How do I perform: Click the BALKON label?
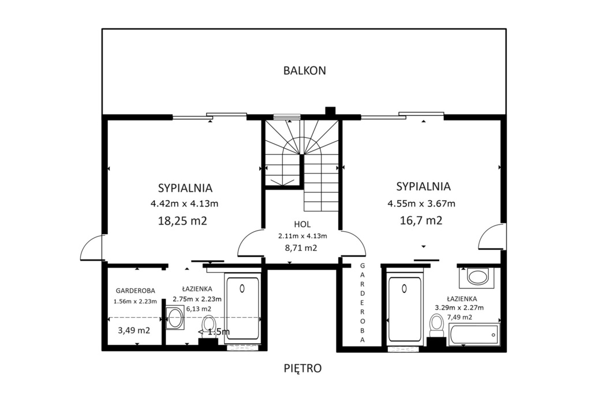pyautogui.click(x=305, y=70)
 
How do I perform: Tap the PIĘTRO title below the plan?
pyautogui.click(x=302, y=368)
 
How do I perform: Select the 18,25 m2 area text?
pyautogui.click(x=182, y=221)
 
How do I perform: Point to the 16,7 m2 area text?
pyautogui.click(x=421, y=220)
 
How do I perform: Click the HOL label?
pyautogui.click(x=302, y=224)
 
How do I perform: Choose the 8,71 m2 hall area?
pyautogui.click(x=301, y=248)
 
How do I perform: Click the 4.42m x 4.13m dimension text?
pyautogui.click(x=184, y=204)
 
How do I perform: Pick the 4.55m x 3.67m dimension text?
pyautogui.click(x=421, y=204)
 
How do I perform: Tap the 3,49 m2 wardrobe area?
pyautogui.click(x=134, y=330)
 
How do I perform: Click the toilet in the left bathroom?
pyautogui.click(x=208, y=326)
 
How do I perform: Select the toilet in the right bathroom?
pyautogui.click(x=436, y=326)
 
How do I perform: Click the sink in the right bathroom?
pyautogui.click(x=477, y=277)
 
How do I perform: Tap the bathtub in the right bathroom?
pyautogui.click(x=474, y=334)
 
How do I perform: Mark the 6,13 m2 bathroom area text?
pyautogui.click(x=199, y=309)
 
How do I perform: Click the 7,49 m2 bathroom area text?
pyautogui.click(x=459, y=317)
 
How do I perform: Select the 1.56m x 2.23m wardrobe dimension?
pyautogui.click(x=135, y=301)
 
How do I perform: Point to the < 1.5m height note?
pyautogui.click(x=214, y=332)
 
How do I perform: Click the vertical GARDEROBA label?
pyautogui.click(x=362, y=302)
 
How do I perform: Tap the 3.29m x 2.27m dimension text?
pyautogui.click(x=459, y=307)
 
